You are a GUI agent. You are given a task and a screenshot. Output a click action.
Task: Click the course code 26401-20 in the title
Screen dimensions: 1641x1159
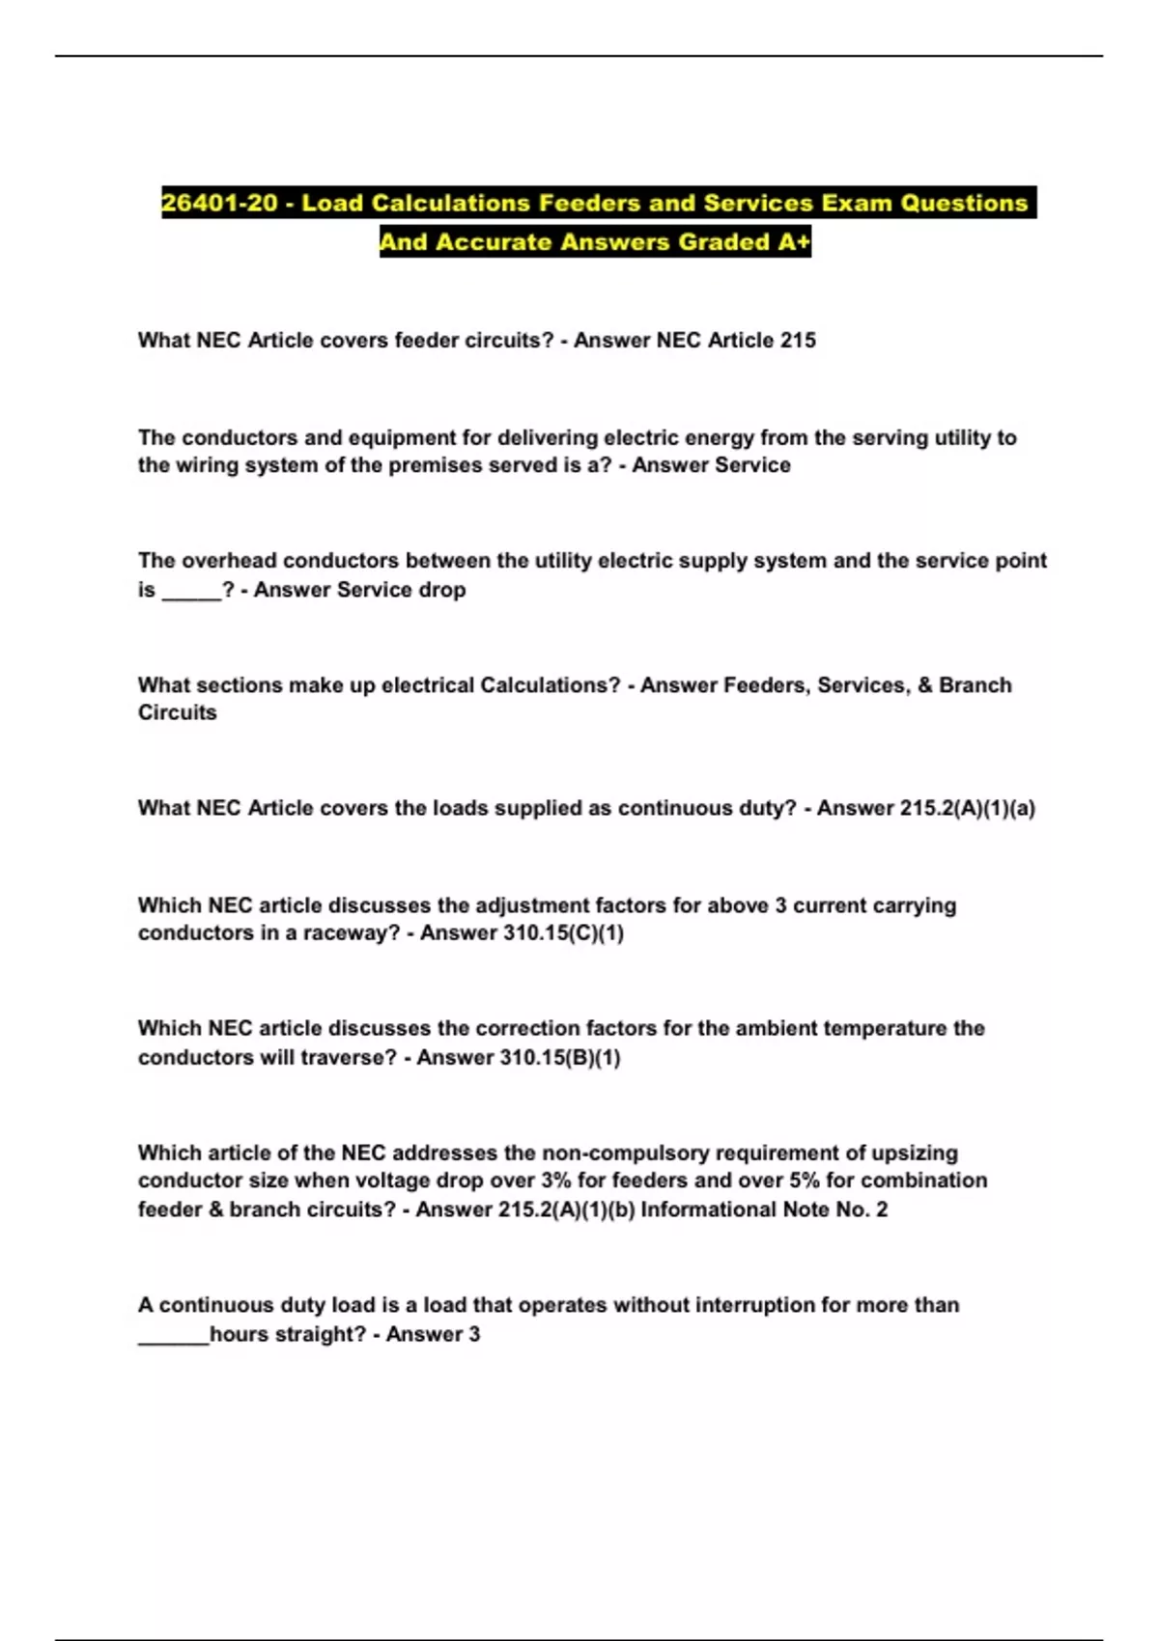click(x=219, y=204)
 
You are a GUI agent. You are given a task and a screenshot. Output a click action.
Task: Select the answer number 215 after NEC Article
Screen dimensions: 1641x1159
click(x=798, y=340)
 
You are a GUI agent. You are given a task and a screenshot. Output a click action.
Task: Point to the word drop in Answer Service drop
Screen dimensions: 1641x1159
click(x=442, y=590)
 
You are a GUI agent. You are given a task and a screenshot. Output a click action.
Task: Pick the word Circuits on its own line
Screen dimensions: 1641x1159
click(x=178, y=712)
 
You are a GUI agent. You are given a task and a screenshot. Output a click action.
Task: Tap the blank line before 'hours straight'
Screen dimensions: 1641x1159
click(x=174, y=1337)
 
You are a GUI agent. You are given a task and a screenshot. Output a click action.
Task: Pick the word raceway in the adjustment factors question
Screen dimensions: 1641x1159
click(x=352, y=933)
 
